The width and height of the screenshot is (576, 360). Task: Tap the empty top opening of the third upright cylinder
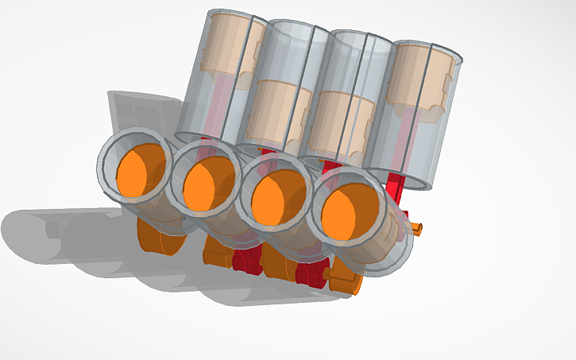point(362,44)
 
